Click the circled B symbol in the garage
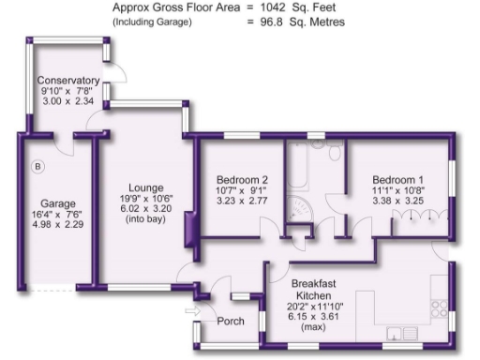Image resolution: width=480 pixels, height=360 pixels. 38,167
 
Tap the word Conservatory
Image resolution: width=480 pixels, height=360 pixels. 67,81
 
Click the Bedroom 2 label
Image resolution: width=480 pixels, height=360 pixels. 242,179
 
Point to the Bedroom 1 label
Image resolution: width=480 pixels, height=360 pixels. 397,179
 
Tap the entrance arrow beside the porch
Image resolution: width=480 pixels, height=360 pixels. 193,310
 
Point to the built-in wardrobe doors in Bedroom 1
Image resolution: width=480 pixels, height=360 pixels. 412,217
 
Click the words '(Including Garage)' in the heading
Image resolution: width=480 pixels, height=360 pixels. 152,21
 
